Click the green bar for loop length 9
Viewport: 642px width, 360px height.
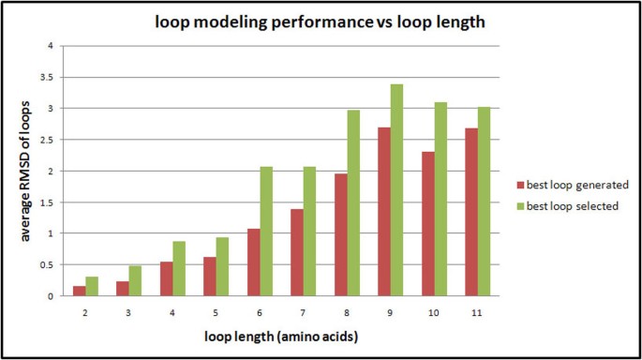pyautogui.click(x=397, y=190)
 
